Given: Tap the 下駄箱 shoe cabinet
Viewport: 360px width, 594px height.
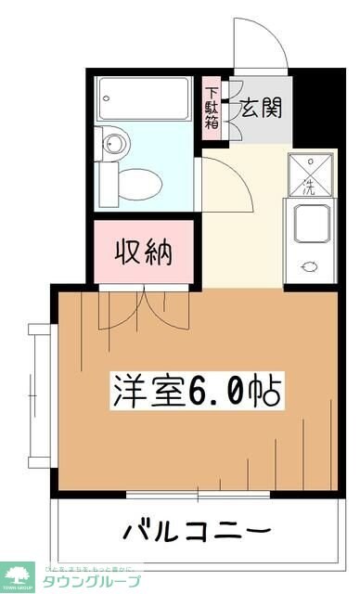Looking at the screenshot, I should click(213, 110).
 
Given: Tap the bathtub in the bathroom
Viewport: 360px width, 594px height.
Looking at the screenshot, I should click(148, 96).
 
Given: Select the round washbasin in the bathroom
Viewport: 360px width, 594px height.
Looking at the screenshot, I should click(114, 144).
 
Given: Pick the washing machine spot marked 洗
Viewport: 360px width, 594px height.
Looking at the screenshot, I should click(311, 174).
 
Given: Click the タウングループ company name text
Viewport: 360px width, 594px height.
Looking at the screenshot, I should click(93, 581).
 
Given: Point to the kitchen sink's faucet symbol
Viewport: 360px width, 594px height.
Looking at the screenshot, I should click(309, 267).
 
